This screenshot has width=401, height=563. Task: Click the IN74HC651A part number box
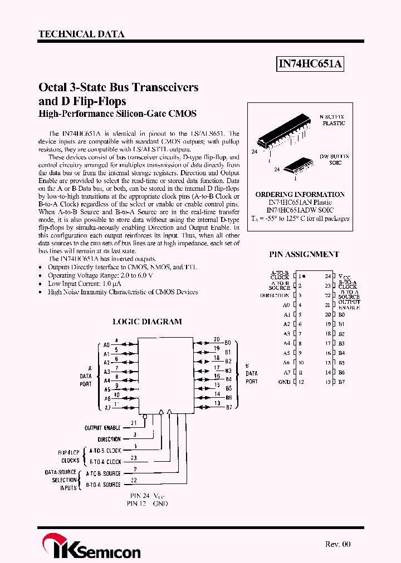(x=311, y=65)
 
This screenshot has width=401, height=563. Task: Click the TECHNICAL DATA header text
(x=81, y=34)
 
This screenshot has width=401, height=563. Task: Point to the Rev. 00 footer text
(x=338, y=544)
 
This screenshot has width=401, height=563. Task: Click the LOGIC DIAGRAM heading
(x=147, y=322)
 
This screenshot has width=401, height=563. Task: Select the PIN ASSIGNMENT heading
(x=304, y=254)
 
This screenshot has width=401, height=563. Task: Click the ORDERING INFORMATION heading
(x=300, y=194)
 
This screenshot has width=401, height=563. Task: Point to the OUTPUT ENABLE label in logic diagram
(x=102, y=428)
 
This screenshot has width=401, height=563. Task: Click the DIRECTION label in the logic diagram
(x=109, y=439)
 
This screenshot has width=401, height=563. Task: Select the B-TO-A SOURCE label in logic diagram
(x=103, y=485)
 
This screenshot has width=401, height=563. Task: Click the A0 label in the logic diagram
(x=106, y=345)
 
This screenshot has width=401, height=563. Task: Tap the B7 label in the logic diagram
(x=228, y=407)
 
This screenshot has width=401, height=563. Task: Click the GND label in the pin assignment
(x=284, y=382)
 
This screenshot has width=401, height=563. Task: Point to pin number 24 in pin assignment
(x=328, y=276)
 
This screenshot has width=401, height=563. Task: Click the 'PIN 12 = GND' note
(x=149, y=503)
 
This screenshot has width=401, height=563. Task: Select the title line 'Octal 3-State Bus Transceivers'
(x=118, y=87)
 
